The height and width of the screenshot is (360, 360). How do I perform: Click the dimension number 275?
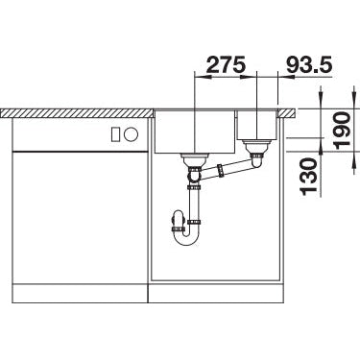tap(226, 64)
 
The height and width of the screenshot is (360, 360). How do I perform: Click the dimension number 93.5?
tap(309, 64)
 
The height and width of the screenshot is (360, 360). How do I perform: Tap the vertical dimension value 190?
tap(342, 129)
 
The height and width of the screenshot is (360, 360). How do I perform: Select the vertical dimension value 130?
tap(309, 178)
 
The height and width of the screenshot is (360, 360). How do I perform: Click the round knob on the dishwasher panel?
tap(132, 134)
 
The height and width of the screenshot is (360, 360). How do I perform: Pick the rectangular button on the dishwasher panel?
tap(115, 134)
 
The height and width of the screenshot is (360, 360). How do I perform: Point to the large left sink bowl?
tap(195, 132)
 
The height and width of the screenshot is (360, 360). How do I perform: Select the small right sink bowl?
tap(256, 125)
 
